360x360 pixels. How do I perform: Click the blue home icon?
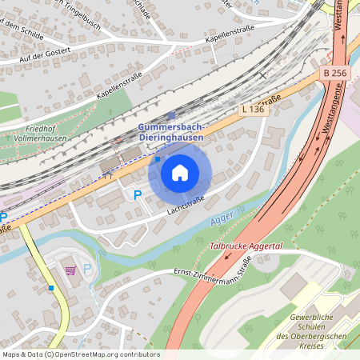tap(180, 172)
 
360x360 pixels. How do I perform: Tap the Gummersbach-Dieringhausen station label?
tap(170, 133)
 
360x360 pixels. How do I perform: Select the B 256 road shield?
tap(336, 73)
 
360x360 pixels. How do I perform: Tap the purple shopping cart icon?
tap(73, 270)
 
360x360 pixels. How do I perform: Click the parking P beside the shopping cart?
tap(87, 270)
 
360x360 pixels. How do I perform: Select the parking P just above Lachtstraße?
tap(137, 194)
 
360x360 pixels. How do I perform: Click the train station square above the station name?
tap(170, 115)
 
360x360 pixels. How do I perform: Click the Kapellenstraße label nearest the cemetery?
tap(120, 83)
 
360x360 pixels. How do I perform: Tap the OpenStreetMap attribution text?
tap(80, 354)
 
